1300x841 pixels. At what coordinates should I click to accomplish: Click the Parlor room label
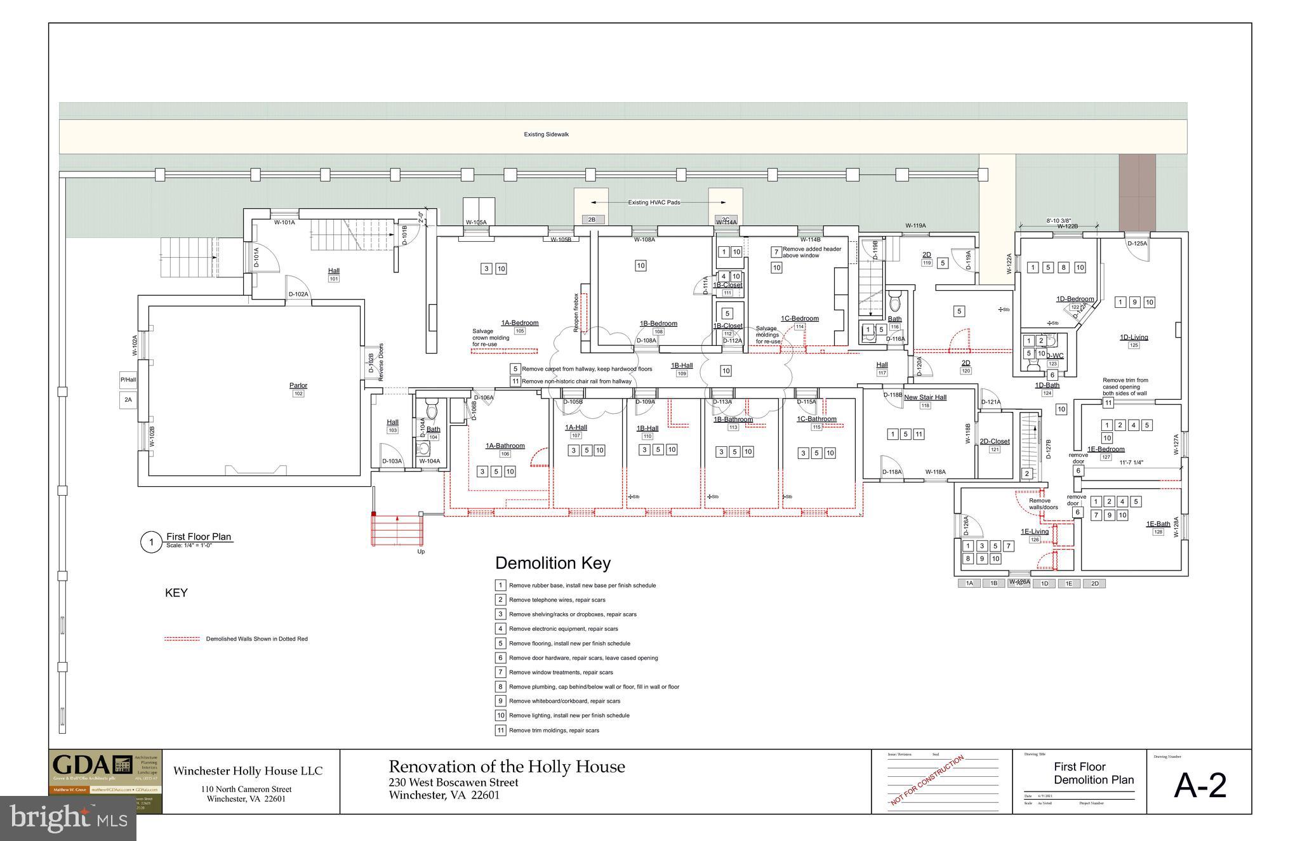tap(298, 385)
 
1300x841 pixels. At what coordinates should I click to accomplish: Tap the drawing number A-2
tap(1200, 786)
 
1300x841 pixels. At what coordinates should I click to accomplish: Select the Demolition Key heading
tap(552, 563)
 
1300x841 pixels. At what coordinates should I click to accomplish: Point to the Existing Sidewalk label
tap(546, 135)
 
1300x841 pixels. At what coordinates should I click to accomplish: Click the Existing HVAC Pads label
tap(654, 202)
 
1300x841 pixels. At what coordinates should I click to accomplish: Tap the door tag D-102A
tap(298, 295)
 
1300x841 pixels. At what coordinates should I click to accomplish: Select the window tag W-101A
tap(284, 223)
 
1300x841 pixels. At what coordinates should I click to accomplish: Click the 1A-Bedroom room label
tap(519, 323)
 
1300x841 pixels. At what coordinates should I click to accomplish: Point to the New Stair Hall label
tap(925, 397)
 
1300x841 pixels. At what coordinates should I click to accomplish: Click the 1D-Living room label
tap(1134, 338)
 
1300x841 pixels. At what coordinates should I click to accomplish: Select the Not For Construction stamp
tap(927, 779)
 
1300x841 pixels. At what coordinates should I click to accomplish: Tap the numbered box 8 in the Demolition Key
tap(500, 687)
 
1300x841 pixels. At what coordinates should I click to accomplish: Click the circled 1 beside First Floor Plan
tap(151, 543)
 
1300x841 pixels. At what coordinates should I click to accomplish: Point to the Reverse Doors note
tap(381, 362)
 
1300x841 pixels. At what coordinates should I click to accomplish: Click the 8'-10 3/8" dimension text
tap(1058, 221)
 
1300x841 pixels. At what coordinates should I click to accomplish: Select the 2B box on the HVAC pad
tap(591, 220)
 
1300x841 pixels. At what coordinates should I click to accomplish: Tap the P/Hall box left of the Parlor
tap(128, 380)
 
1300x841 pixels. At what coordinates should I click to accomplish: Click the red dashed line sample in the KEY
tap(182, 639)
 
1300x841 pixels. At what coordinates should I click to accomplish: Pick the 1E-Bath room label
tap(1158, 524)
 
